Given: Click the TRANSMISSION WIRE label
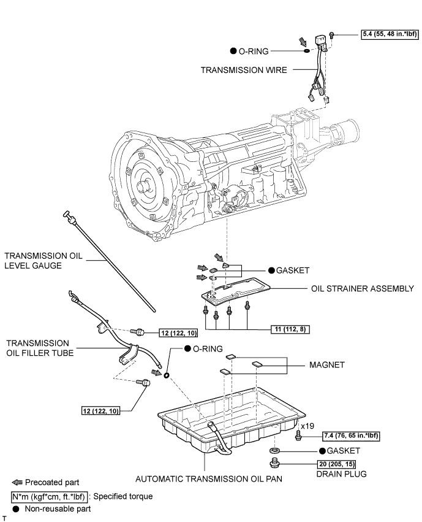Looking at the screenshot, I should [x=244, y=71].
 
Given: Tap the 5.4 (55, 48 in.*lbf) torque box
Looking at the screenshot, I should [x=388, y=35].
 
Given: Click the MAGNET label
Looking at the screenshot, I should [x=326, y=365].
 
